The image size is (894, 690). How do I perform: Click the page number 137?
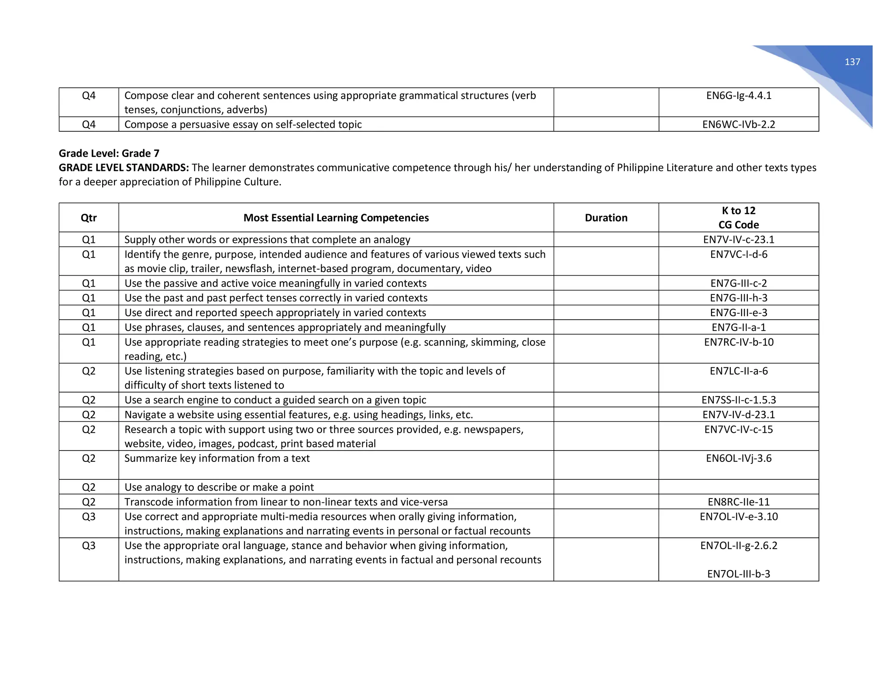point(852,62)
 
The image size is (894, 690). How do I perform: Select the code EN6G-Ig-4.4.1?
point(739,96)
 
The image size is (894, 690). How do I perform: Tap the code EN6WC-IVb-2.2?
point(739,124)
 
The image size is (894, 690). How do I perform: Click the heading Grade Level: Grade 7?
point(109,153)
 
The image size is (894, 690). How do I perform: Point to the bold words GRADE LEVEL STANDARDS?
point(124,167)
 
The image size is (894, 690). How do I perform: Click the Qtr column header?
point(89,218)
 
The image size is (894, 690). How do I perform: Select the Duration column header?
point(606,218)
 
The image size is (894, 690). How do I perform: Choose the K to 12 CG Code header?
point(739,218)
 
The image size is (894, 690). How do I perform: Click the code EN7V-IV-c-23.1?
point(739,239)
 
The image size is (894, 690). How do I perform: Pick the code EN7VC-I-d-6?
point(739,254)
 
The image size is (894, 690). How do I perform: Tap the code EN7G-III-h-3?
point(739,298)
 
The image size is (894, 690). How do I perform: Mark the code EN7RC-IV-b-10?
point(739,342)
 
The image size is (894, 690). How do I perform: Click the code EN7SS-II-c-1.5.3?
point(739,400)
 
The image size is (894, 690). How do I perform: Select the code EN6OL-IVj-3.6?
point(739,458)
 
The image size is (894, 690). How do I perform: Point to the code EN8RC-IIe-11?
point(739,502)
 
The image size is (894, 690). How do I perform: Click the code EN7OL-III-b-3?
point(739,574)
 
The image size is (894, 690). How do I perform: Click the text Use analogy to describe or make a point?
point(219,487)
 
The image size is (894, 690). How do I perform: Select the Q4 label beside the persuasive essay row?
point(89,124)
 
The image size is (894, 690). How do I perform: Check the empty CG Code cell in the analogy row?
point(739,487)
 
